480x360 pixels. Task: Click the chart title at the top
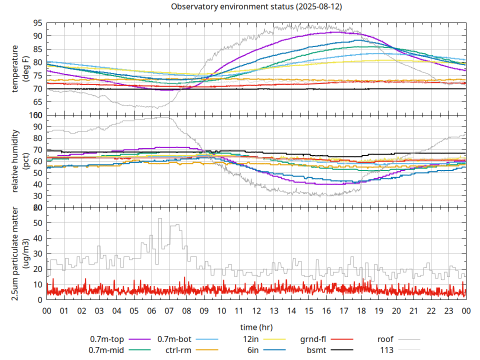[x=256, y=7]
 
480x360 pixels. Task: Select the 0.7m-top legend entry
[x=107, y=339]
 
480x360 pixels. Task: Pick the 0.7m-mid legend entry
[x=106, y=350]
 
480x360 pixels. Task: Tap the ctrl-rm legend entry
[x=178, y=350]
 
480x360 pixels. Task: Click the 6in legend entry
[x=253, y=350]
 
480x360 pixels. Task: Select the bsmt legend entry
[x=316, y=350]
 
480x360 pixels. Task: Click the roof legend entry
[x=385, y=339]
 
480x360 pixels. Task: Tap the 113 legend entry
[x=387, y=350]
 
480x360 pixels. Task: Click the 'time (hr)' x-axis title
[x=256, y=327]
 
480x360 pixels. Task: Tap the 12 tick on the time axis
[x=256, y=310]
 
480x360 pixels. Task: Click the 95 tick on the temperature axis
[x=37, y=23]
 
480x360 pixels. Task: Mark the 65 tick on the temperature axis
[x=37, y=102]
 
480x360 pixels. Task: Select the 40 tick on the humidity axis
[x=37, y=184]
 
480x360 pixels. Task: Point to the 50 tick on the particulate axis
[x=37, y=223]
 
